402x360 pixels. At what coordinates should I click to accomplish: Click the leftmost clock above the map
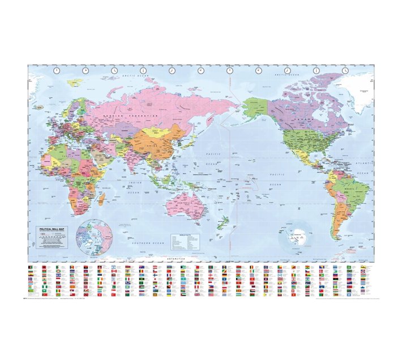click(x=56, y=70)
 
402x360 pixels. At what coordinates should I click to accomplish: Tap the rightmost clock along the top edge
click(x=345, y=70)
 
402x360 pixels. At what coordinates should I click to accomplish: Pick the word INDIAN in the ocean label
click(x=134, y=183)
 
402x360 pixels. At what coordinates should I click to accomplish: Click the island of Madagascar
click(x=101, y=199)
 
